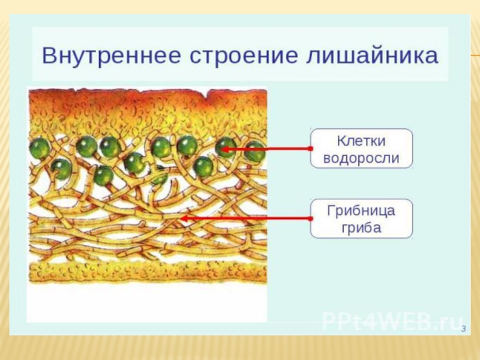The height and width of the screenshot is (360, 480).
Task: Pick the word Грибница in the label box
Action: pos(361,210)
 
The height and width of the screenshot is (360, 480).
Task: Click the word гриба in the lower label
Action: pos(361,228)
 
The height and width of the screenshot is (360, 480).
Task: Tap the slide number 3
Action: pos(463,329)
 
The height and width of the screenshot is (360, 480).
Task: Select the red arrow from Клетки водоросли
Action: pos(267,148)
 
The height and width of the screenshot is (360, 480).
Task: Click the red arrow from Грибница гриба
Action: pos(246,218)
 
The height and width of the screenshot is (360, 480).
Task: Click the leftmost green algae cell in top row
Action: pos(40,147)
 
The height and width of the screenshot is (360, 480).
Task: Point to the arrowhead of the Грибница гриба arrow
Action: pos(184,218)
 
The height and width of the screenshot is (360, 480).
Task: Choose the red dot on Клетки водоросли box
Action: pos(311,148)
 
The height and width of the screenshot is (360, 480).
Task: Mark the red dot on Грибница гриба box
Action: pos(311,218)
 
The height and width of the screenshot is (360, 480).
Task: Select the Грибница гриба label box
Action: pos(361,218)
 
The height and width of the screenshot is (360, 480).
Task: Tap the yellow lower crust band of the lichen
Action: pos(147,272)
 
